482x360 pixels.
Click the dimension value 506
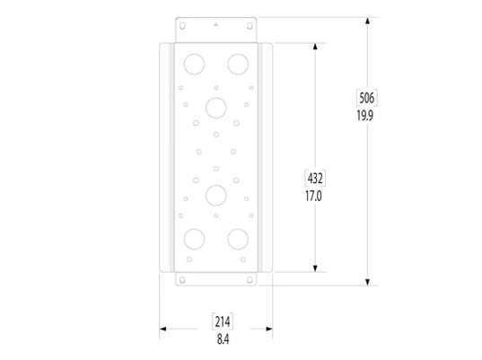[x=366, y=98]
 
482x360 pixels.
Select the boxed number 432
[x=314, y=177]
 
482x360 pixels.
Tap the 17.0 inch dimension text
[x=314, y=193]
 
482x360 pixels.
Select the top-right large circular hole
[x=238, y=63]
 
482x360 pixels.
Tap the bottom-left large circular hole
[x=192, y=238]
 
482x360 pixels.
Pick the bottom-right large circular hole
[x=238, y=238]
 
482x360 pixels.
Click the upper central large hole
[x=215, y=107]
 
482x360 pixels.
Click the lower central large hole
[x=215, y=194]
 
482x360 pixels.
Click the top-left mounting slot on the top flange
[x=183, y=30]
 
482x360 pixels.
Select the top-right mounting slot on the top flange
[x=248, y=30]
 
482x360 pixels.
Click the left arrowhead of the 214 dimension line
[x=163, y=329]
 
